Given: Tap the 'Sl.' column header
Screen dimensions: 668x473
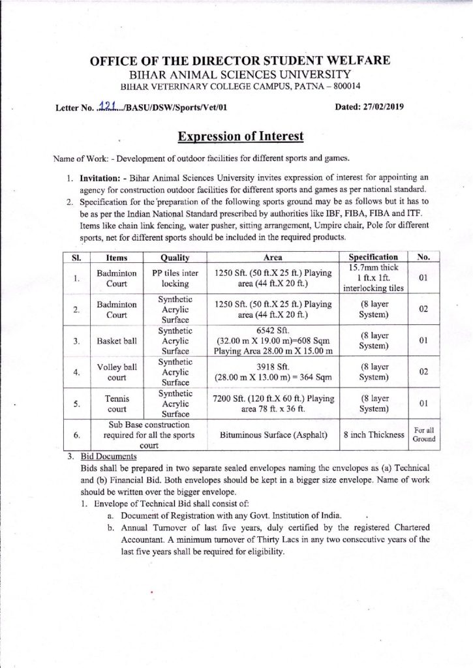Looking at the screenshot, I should tap(76, 259).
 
